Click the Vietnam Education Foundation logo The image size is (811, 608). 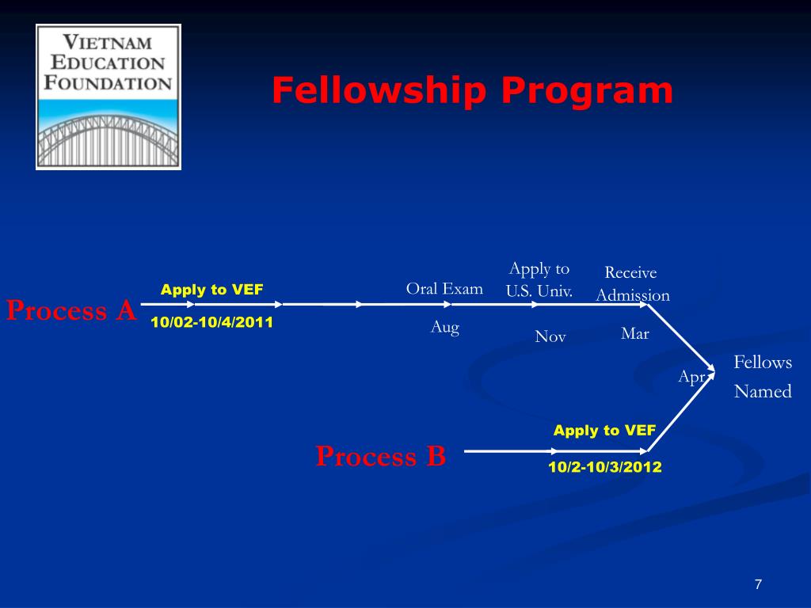pyautogui.click(x=109, y=96)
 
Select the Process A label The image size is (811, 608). pyautogui.click(x=72, y=310)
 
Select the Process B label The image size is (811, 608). pyautogui.click(x=381, y=456)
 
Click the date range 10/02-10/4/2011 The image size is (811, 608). pyautogui.click(x=211, y=322)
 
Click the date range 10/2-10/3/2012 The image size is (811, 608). pyautogui.click(x=604, y=467)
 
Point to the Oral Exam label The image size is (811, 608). pyautogui.click(x=444, y=288)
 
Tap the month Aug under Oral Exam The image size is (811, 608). pyautogui.click(x=444, y=326)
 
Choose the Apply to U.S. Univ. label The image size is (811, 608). pyautogui.click(x=539, y=279)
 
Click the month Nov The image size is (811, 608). pyautogui.click(x=550, y=336)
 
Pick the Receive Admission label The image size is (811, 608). pyautogui.click(x=632, y=283)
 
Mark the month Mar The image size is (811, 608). pyautogui.click(x=635, y=333)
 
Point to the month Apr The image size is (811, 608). pyautogui.click(x=691, y=378)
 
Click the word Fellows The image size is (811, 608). pyautogui.click(x=763, y=363)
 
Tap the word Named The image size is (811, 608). pyautogui.click(x=763, y=391)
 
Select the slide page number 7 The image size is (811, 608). pyautogui.click(x=758, y=584)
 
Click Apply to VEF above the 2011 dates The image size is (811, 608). pyautogui.click(x=211, y=290)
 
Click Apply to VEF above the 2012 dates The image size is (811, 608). pyautogui.click(x=604, y=431)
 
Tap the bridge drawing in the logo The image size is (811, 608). pyautogui.click(x=109, y=139)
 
